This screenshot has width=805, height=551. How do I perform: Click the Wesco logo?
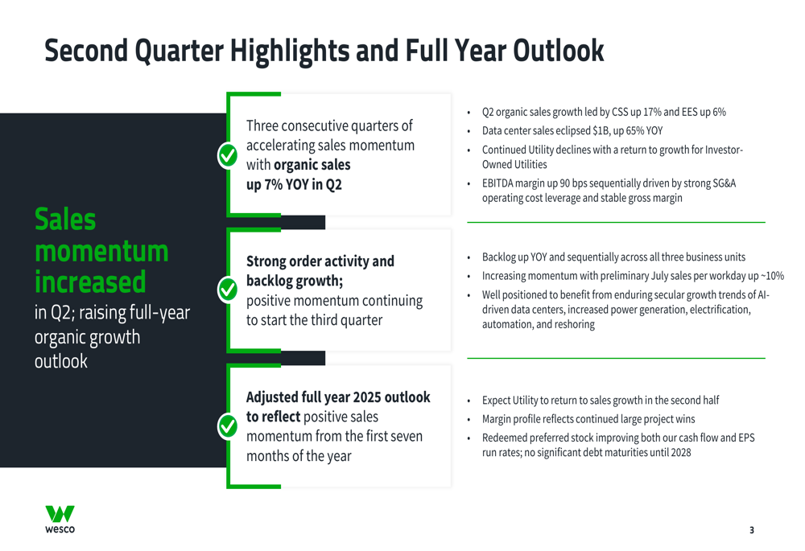pos(60,519)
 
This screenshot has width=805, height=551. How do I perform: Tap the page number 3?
pos(752,530)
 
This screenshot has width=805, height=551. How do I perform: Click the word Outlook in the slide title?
pos(559,51)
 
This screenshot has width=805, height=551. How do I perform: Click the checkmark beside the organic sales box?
pos(228,155)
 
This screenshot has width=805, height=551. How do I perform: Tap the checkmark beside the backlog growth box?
pos(228,290)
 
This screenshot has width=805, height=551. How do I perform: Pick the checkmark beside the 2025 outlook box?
pos(228,426)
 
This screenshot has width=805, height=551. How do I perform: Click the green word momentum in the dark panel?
pos(101,252)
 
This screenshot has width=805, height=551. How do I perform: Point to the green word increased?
pos(90,282)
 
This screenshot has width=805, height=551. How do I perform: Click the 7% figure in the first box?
pos(273,184)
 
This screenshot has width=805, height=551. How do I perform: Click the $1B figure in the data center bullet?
pos(601,131)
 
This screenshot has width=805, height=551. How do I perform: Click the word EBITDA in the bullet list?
pos(497,183)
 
